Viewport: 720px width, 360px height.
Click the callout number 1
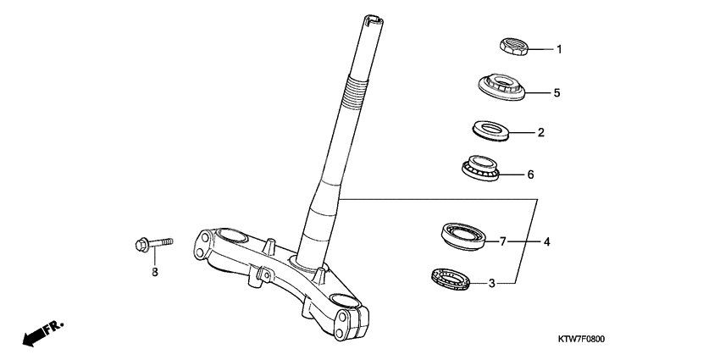click(558, 49)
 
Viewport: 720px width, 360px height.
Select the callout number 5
click(557, 92)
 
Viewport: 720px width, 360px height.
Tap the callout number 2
click(540, 133)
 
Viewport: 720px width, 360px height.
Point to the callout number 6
click(530, 175)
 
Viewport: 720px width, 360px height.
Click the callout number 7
click(502, 242)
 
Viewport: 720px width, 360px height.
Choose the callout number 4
click(547, 242)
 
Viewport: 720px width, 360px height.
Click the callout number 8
click(155, 272)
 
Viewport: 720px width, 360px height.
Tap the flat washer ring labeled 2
click(490, 130)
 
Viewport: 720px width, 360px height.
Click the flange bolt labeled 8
click(152, 244)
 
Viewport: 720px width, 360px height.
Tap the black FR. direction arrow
click(35, 337)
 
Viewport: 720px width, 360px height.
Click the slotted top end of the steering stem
click(372, 18)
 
